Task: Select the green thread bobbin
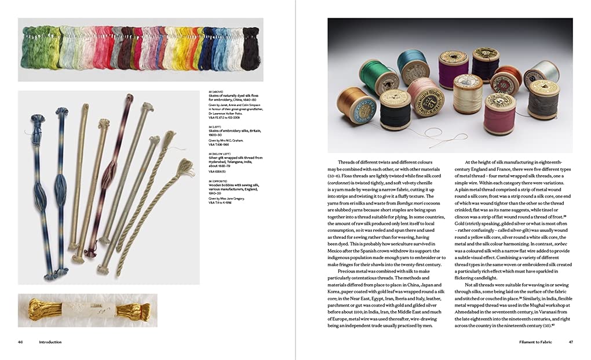pos(378,76)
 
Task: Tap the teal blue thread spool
pos(412,65)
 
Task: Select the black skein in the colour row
pos(250,49)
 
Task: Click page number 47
pos(570,342)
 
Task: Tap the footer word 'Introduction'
pos(50,342)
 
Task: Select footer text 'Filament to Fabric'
pos(536,342)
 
